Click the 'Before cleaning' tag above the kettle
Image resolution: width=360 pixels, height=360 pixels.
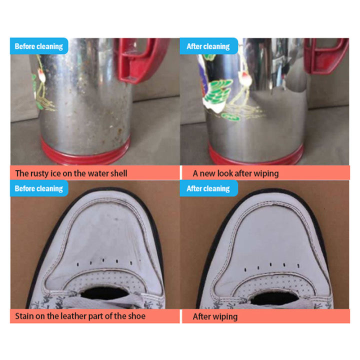[x=38, y=46]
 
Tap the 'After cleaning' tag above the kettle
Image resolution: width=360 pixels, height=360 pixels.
[x=208, y=46]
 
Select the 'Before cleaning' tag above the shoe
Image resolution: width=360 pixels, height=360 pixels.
[x=38, y=188]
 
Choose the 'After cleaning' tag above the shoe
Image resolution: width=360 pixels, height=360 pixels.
[x=208, y=188]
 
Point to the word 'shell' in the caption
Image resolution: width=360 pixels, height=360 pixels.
[x=116, y=173]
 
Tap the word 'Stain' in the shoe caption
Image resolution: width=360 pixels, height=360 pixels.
[x=25, y=316]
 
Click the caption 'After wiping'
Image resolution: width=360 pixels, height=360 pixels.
[x=215, y=316]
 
